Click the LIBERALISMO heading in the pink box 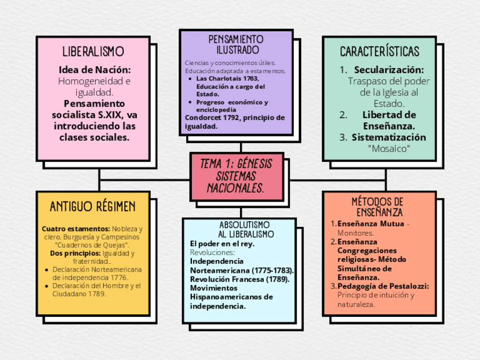coord(93,52)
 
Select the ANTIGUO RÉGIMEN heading coord(93,206)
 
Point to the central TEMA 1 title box coord(236,176)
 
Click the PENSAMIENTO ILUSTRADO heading coord(236,45)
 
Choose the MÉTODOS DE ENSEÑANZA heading coord(378,207)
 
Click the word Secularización coord(389,70)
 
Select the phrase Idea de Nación coord(95,70)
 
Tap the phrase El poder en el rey coord(222,243)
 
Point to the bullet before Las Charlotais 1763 coord(190,79)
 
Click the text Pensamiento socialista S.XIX coord(95,109)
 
